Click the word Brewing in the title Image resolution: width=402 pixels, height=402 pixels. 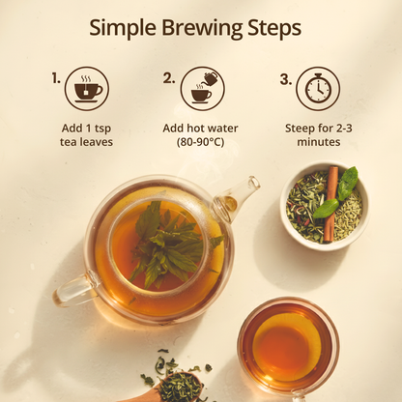click(x=202, y=29)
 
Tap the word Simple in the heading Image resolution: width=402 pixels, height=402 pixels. click(x=123, y=29)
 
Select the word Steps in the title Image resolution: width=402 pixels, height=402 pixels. click(x=274, y=29)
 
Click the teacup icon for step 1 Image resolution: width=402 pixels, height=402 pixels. click(x=87, y=89)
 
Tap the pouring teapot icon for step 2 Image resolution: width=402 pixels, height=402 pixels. click(x=203, y=89)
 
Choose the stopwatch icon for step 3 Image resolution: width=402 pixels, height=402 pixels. click(x=318, y=89)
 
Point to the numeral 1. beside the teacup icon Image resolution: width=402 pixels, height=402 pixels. click(x=56, y=78)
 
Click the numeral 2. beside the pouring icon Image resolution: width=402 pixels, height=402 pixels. click(x=169, y=78)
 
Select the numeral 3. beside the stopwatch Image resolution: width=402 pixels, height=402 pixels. click(x=285, y=79)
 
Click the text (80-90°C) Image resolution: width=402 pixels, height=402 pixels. click(x=200, y=142)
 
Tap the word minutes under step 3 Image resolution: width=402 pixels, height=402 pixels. click(x=319, y=142)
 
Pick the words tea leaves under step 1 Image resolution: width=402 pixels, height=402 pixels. click(x=86, y=142)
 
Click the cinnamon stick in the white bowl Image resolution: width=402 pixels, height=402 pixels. click(x=330, y=204)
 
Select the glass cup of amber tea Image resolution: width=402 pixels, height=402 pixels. click(x=288, y=347)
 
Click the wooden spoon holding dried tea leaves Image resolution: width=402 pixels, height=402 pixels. click(x=174, y=388)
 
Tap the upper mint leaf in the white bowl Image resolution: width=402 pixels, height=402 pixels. click(x=347, y=183)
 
